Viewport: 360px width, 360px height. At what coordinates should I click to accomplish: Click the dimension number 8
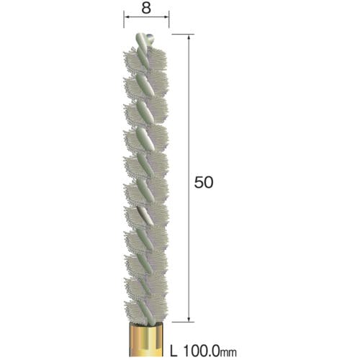(146, 8)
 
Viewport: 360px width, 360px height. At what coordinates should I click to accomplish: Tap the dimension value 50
(204, 182)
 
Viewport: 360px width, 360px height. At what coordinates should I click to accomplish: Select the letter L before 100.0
(174, 351)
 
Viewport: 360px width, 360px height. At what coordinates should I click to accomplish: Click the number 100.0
(202, 351)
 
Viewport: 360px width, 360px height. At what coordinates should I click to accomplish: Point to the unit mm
(228, 352)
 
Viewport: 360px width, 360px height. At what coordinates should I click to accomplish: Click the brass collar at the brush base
(147, 339)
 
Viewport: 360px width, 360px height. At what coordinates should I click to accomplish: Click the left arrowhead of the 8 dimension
(127, 17)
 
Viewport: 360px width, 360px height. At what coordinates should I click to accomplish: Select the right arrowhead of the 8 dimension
(166, 17)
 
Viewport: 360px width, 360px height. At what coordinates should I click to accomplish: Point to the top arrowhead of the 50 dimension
(189, 37)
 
